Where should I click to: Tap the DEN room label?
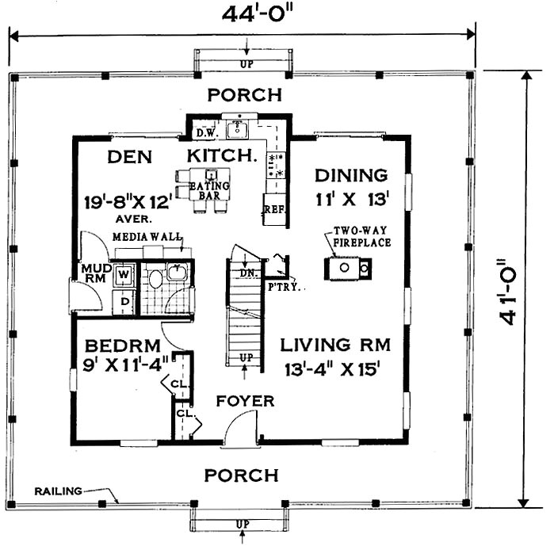tap(130, 156)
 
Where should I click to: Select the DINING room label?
tap(350, 174)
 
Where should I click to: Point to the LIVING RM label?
tap(336, 345)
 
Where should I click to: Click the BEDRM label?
tap(123, 346)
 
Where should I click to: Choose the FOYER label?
tap(245, 401)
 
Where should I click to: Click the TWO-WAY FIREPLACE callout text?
tap(361, 236)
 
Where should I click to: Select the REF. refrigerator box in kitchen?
tap(273, 212)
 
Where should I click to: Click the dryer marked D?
tap(124, 302)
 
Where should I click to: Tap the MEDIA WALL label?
tap(147, 237)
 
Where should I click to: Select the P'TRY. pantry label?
tap(285, 287)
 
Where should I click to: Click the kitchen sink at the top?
tap(237, 129)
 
